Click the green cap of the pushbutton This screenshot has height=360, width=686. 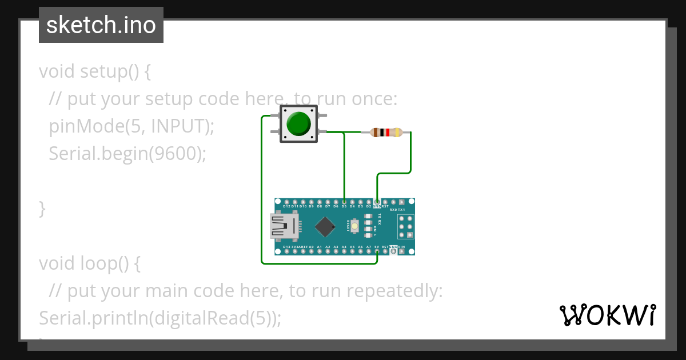pyautogui.click(x=298, y=123)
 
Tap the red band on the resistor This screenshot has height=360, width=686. pyautogui.click(x=387, y=133)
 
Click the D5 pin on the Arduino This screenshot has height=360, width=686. pyautogui.click(x=344, y=202)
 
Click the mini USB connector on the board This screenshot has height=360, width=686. pyautogui.click(x=284, y=226)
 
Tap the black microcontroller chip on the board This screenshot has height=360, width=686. pyautogui.click(x=325, y=226)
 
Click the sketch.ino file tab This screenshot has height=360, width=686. pyautogui.click(x=101, y=25)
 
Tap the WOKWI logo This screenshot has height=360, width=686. pyautogui.click(x=607, y=315)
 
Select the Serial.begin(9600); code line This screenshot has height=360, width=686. pyautogui.click(x=127, y=153)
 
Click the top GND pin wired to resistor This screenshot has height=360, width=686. pyautogui.click(x=377, y=202)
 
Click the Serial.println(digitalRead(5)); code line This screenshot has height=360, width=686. pyautogui.click(x=160, y=318)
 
